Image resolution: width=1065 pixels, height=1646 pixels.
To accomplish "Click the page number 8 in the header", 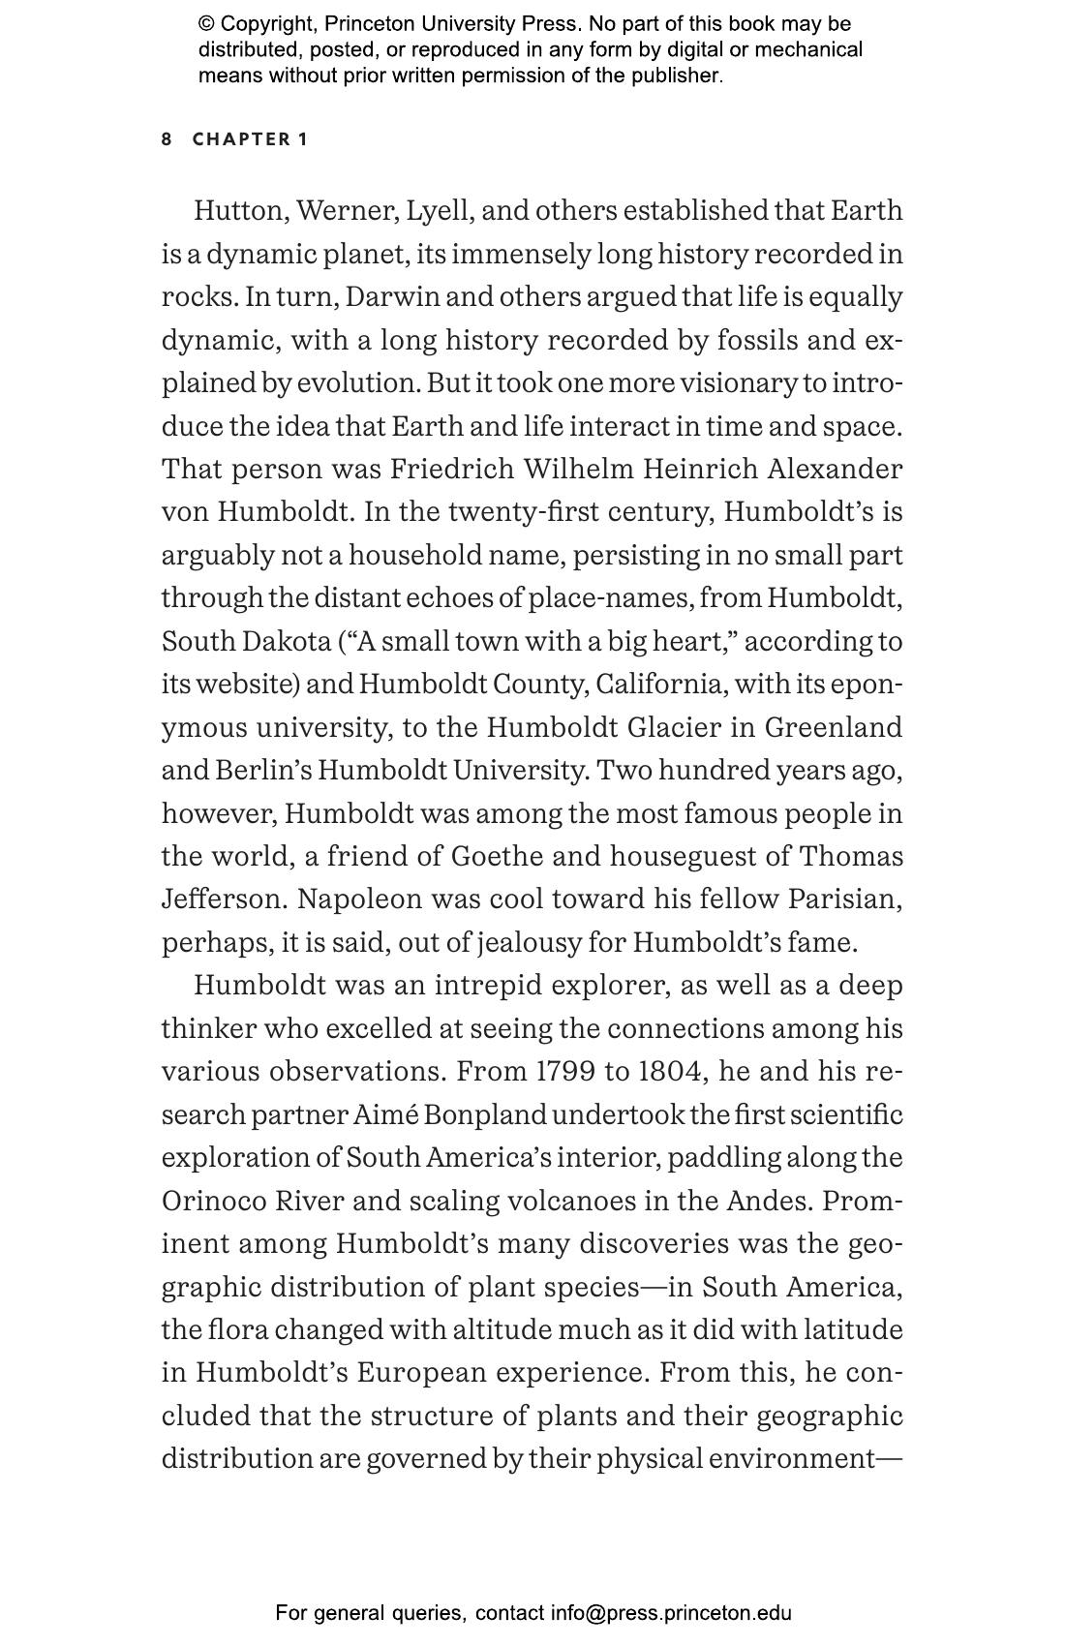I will click(x=167, y=139).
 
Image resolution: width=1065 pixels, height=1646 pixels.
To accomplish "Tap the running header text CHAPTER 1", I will click(x=250, y=139).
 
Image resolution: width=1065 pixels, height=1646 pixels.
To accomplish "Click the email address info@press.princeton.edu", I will click(x=671, y=1613).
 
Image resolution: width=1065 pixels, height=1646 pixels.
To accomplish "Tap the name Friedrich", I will click(x=451, y=470).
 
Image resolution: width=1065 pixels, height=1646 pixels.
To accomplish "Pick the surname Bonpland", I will click(x=485, y=1115).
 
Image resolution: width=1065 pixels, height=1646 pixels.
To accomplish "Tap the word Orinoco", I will click(x=214, y=1202).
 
